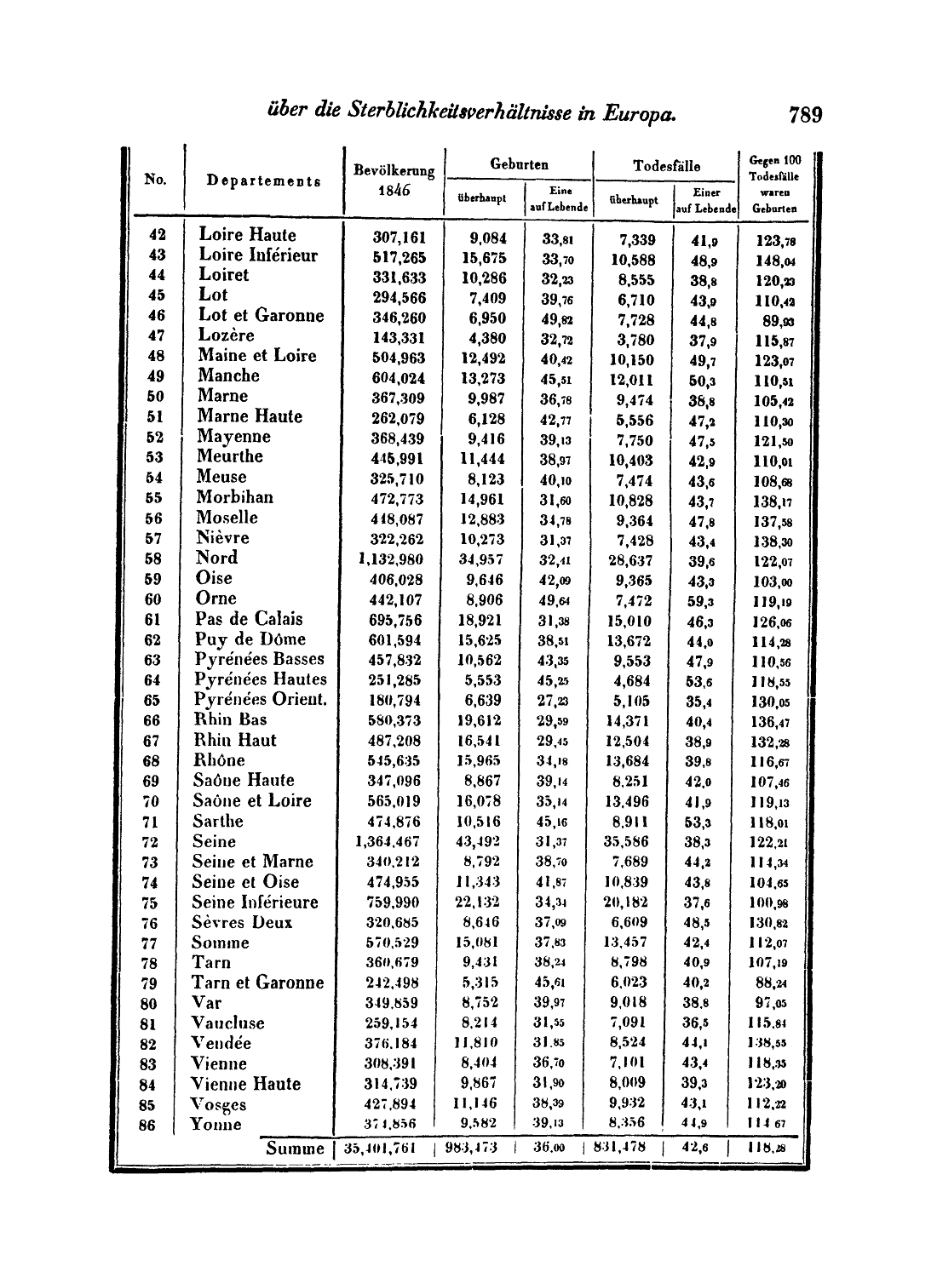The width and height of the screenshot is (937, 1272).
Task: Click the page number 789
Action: click(x=805, y=114)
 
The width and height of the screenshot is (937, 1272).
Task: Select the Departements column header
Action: click(x=264, y=180)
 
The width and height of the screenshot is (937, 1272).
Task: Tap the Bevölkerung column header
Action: click(x=394, y=170)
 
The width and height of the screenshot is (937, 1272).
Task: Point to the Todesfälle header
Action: click(x=666, y=165)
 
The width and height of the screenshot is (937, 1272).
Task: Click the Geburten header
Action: click(x=520, y=164)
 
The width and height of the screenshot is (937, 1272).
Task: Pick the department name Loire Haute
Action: click(x=248, y=235)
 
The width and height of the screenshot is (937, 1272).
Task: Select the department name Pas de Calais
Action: click(x=250, y=619)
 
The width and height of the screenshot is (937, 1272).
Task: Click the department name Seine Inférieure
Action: click(x=255, y=902)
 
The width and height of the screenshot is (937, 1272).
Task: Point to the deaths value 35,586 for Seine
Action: click(x=630, y=842)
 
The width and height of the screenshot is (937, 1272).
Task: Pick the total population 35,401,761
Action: click(x=381, y=1147)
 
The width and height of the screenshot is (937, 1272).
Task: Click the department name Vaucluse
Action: click(x=228, y=1023)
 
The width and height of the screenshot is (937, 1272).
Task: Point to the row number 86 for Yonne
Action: click(x=149, y=1126)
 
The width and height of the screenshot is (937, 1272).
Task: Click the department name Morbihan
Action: click(x=235, y=497)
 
